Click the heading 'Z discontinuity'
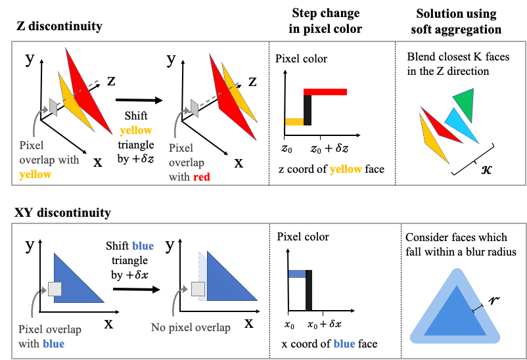tap(59, 27)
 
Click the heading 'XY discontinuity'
tap(63, 213)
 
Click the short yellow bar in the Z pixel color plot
tap(294, 122)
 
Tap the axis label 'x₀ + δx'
tap(325, 325)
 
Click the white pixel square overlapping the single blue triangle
tap(55, 288)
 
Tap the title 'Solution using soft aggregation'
tap(455, 21)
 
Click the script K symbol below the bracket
tap(487, 169)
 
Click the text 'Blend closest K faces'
tap(458, 57)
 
